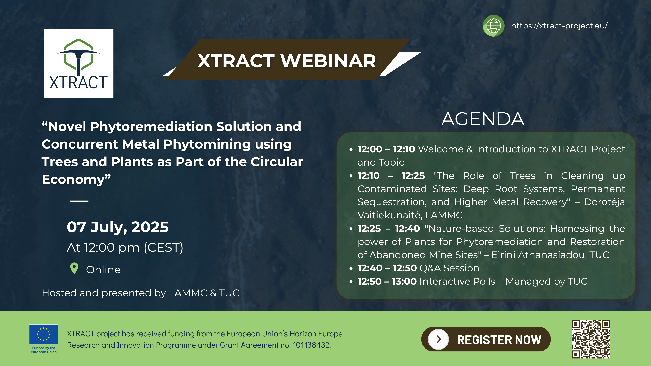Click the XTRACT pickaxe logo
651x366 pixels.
[78, 63]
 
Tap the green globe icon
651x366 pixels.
[493, 26]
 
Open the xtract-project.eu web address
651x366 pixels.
[559, 26]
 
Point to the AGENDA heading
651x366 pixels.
[483, 119]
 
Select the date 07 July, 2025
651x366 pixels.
[118, 227]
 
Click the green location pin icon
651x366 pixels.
[74, 268]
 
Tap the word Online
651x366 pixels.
[103, 270]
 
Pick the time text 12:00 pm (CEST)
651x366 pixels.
[133, 247]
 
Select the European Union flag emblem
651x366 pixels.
[43, 334]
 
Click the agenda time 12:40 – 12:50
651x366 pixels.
[387, 268]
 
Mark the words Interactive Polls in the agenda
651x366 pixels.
[457, 281]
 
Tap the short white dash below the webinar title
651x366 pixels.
[79, 201]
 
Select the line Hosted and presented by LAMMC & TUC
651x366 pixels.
[140, 293]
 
